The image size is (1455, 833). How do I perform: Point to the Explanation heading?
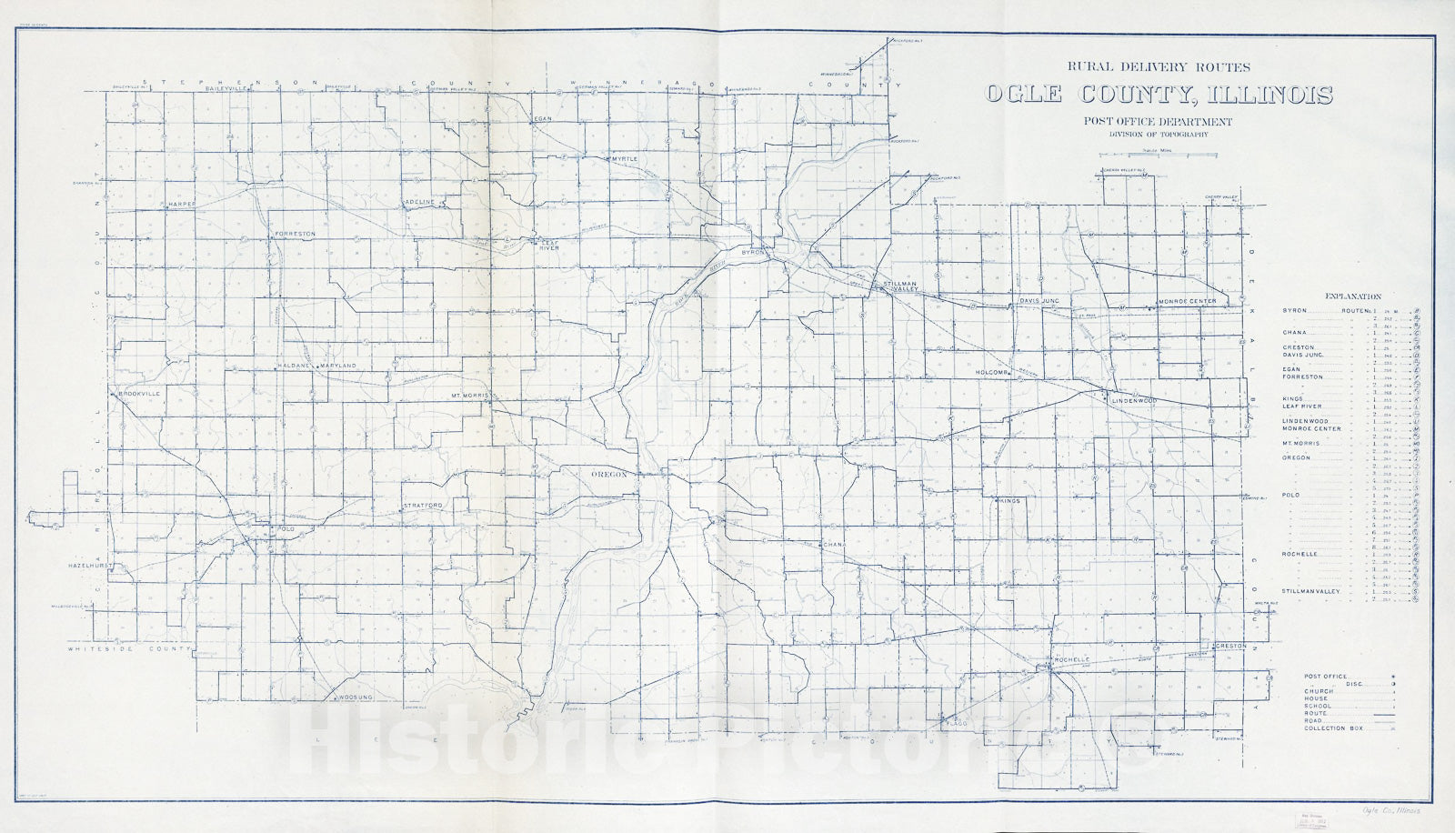coord(1353,296)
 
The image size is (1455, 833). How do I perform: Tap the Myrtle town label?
coord(625,159)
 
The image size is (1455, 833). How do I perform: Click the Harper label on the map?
coord(180,205)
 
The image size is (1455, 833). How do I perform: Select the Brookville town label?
coord(139,393)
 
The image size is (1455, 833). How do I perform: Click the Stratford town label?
coord(423,505)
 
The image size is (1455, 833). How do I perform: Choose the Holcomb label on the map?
coord(992,373)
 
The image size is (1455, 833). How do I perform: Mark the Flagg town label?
coord(957,724)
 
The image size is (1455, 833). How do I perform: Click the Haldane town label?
coord(295,366)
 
